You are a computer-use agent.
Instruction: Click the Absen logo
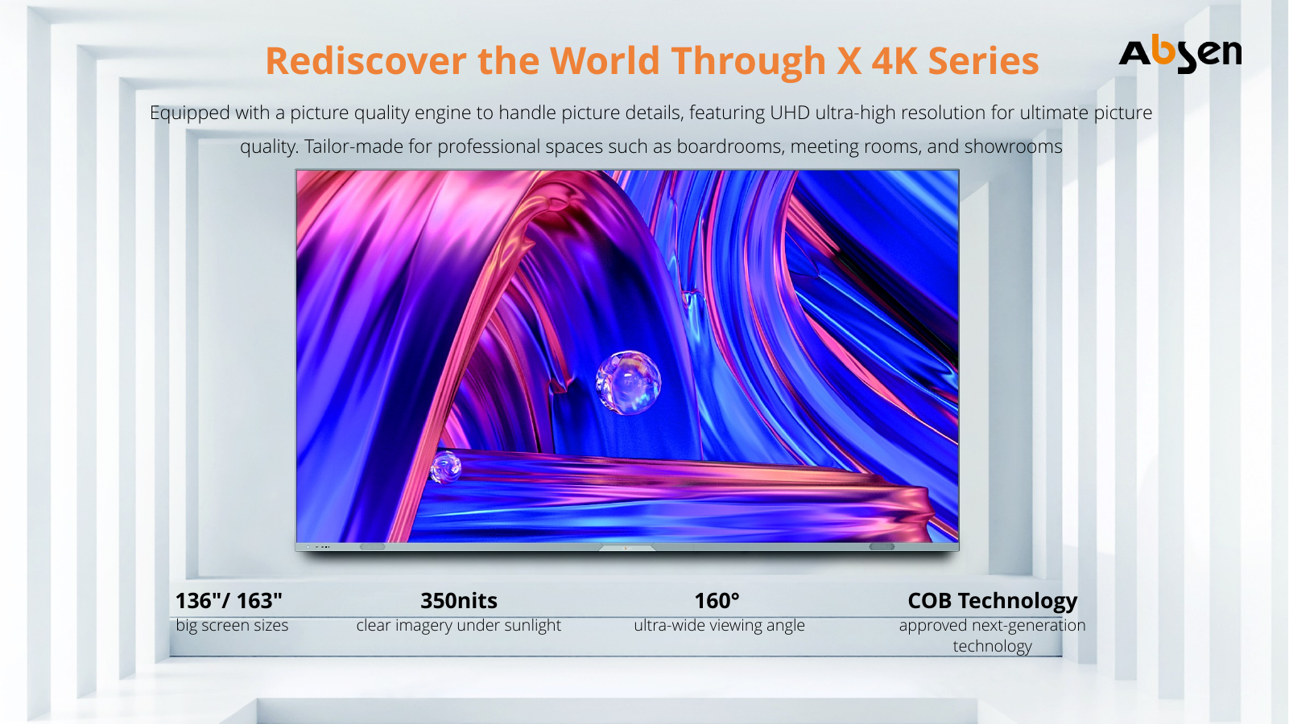(1180, 53)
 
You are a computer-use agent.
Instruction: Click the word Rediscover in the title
(366, 60)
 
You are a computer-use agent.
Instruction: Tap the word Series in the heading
(983, 60)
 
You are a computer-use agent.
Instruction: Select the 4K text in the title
(894, 60)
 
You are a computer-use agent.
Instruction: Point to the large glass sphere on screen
(628, 382)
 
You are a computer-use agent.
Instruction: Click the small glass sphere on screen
(445, 467)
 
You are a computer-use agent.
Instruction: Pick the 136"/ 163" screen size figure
(229, 600)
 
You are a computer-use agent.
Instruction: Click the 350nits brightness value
(459, 600)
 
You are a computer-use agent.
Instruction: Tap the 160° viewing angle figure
(717, 600)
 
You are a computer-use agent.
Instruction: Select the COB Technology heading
(992, 601)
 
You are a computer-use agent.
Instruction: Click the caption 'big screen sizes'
(232, 625)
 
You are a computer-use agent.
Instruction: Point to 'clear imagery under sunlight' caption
(459, 625)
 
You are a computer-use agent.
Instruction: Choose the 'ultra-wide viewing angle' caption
(719, 625)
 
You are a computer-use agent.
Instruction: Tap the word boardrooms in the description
(730, 146)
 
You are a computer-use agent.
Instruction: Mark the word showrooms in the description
(1014, 146)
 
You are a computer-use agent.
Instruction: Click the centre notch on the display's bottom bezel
(626, 548)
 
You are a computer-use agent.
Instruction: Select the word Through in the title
(749, 61)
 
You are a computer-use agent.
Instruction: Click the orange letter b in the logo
(1163, 49)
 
